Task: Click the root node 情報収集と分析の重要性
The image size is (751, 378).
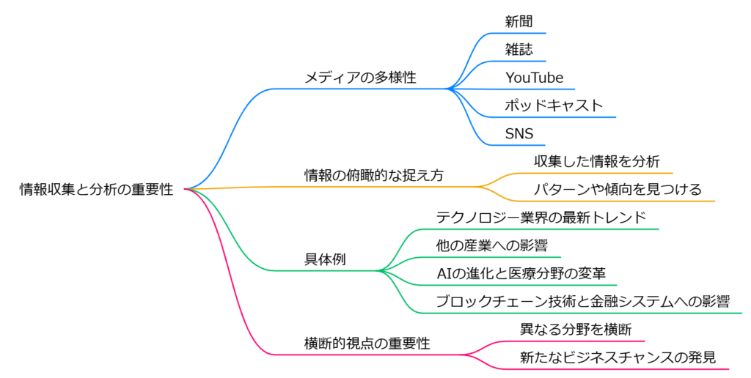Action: click(x=96, y=190)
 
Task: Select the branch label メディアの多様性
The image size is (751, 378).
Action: click(x=360, y=78)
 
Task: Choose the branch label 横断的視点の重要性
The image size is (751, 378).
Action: click(x=367, y=343)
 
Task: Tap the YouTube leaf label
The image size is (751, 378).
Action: click(x=534, y=78)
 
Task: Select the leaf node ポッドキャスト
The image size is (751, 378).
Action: click(x=553, y=105)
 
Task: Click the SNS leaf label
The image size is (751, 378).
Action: click(x=519, y=133)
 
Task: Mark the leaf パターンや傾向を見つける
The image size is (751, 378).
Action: click(x=618, y=189)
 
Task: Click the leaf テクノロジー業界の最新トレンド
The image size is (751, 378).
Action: click(x=541, y=218)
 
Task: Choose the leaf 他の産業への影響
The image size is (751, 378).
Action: click(x=491, y=245)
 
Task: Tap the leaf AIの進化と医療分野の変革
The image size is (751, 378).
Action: click(x=521, y=274)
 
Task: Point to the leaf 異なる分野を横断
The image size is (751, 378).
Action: click(x=575, y=330)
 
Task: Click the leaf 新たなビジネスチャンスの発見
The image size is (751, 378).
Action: click(x=618, y=357)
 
